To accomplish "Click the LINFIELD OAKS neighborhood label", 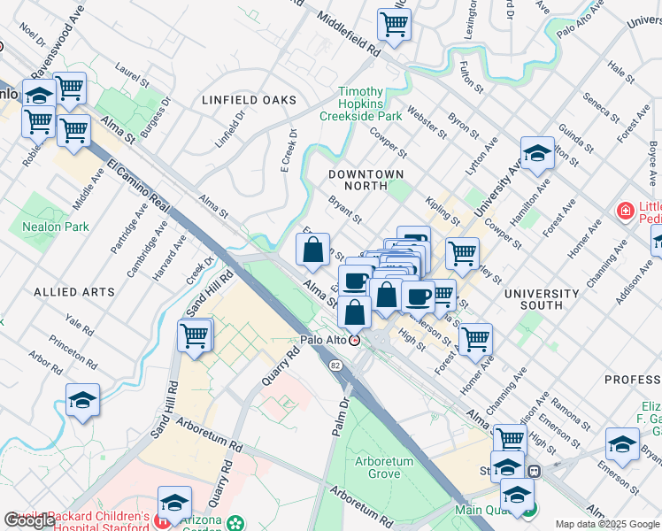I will [x=249, y=100].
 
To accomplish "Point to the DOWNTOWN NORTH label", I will [x=366, y=180].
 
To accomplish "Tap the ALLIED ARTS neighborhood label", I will [x=73, y=291].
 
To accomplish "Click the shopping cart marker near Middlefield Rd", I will [x=394, y=25].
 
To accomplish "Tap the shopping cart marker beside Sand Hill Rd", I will [x=194, y=335].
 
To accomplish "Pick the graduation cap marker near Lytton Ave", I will [x=537, y=153].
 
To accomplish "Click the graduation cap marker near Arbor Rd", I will [x=82, y=400].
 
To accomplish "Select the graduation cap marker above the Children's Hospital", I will [x=174, y=502].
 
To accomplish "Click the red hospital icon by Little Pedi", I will [x=625, y=211].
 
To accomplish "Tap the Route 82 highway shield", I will [x=335, y=365].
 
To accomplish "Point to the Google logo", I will [x=29, y=520].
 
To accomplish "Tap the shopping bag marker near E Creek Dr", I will [x=312, y=250].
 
